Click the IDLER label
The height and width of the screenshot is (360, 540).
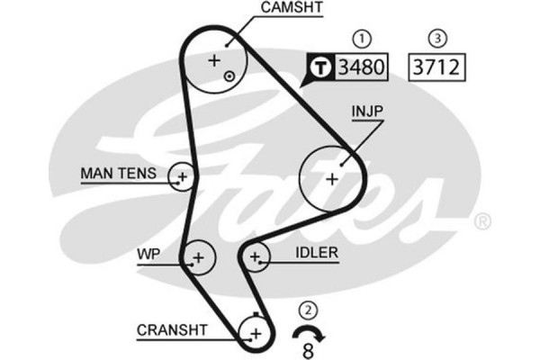(x=316, y=254)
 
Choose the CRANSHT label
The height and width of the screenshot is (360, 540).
(x=172, y=330)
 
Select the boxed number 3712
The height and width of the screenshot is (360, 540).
(x=433, y=66)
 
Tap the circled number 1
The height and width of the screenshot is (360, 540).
(x=362, y=39)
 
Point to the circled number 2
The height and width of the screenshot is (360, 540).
(x=309, y=311)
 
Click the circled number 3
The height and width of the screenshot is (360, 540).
(x=437, y=39)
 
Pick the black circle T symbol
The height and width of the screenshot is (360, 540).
(x=320, y=66)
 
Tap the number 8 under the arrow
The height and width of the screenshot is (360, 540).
(x=308, y=350)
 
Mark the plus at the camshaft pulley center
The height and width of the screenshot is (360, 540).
(x=214, y=61)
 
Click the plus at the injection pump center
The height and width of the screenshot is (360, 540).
(x=331, y=178)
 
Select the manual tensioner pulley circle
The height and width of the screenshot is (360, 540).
(x=182, y=176)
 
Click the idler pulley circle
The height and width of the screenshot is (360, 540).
(x=256, y=258)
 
